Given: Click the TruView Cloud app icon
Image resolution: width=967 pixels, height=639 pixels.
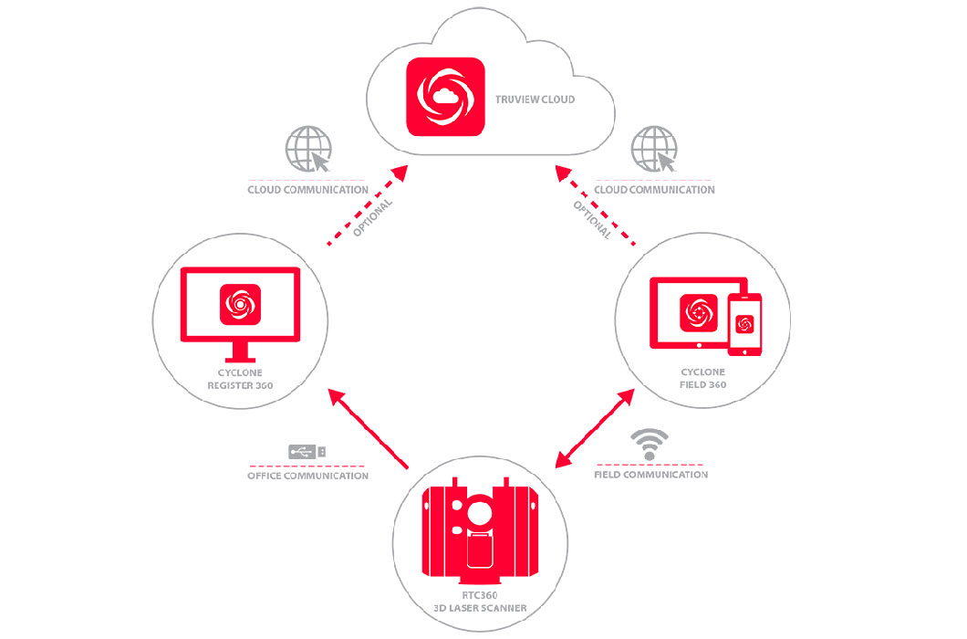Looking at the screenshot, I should (444, 97).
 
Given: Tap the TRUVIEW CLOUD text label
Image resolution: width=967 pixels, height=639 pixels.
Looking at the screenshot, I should (533, 99).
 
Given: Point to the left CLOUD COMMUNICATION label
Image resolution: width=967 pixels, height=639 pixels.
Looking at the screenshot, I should (307, 190).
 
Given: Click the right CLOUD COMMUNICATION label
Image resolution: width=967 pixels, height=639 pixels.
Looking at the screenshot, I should (654, 190).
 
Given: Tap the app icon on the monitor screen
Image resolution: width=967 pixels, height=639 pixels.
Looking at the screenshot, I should (241, 304).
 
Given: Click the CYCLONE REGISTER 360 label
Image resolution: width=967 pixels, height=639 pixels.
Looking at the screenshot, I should (241, 380).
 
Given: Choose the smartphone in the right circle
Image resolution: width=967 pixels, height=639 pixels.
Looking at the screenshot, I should (744, 325).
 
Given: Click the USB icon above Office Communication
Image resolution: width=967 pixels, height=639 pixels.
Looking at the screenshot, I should (307, 451).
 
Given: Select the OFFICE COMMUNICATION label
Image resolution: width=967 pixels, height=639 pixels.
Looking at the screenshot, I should (307, 475).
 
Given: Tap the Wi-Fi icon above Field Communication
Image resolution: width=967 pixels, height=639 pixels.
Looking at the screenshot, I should (650, 442).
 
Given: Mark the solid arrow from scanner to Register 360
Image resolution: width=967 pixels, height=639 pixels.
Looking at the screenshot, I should (369, 429).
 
